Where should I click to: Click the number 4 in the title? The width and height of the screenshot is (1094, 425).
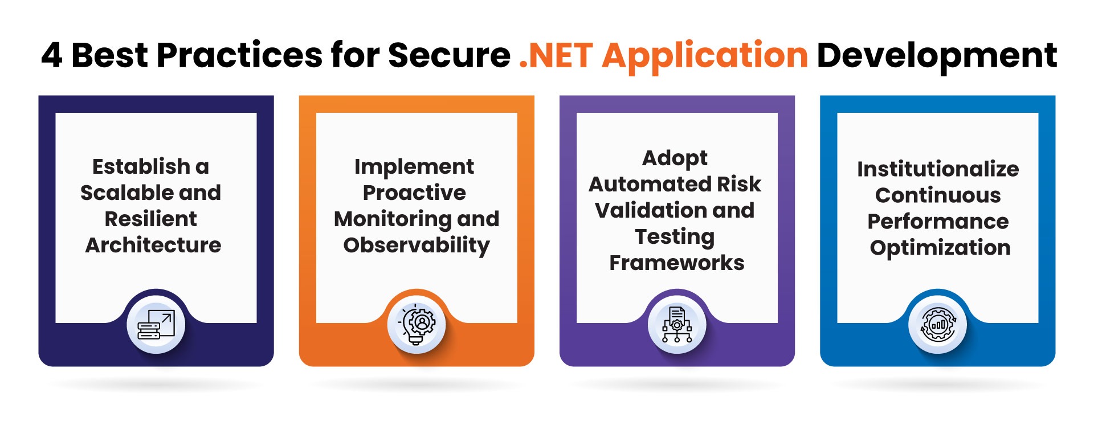click(52, 56)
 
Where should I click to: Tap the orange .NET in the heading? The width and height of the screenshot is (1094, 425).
click(556, 56)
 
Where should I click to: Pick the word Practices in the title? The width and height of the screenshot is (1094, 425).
click(239, 56)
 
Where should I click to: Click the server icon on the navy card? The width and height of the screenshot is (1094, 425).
click(156, 325)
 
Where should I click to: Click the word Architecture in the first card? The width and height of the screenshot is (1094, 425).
click(153, 245)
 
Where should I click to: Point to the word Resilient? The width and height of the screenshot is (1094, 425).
click(150, 219)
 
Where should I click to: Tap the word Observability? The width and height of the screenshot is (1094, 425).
click(417, 246)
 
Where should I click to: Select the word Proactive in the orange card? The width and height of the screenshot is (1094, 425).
click(414, 193)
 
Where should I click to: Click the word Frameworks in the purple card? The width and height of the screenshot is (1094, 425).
click(677, 263)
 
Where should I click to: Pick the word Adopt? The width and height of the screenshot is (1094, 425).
click(675, 158)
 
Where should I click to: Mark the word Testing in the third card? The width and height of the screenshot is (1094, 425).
click(675, 236)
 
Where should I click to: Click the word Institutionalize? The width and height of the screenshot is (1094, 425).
click(938, 169)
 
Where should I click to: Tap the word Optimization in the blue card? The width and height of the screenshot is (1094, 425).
click(940, 248)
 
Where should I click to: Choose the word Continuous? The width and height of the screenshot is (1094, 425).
click(938, 195)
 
